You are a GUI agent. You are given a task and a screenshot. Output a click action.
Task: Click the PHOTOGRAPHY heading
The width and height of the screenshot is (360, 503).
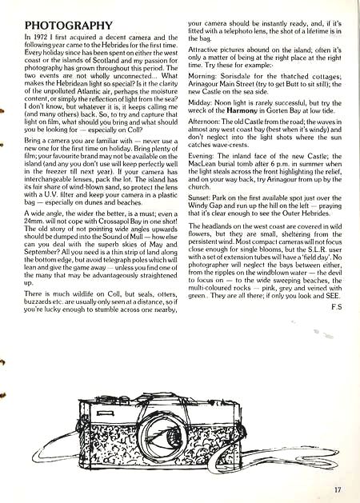(x=70, y=26)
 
